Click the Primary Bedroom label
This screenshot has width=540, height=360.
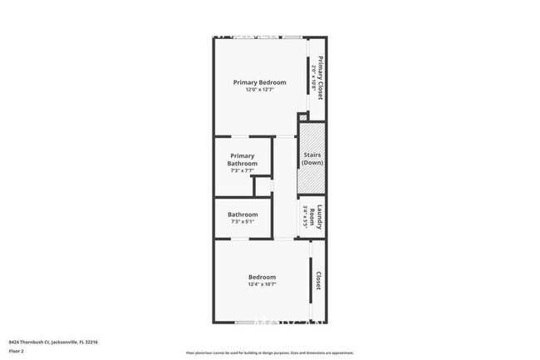[259, 81]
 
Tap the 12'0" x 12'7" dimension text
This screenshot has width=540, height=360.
[259, 90]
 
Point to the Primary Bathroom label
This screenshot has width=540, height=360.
[243, 160]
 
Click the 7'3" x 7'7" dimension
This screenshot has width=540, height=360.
[243, 171]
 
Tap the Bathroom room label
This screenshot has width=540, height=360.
[243, 215]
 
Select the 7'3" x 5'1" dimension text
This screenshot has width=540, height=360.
[243, 222]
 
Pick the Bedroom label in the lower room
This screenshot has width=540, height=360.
[262, 277]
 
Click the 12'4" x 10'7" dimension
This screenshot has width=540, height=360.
[262, 284]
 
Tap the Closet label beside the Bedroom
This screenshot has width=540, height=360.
[318, 282]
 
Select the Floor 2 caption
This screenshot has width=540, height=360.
[17, 351]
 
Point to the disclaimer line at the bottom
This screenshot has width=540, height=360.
[269, 353]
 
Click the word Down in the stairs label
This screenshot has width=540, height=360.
[312, 162]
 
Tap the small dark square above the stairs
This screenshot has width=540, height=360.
[303, 116]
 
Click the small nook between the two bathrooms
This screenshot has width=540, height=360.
[263, 186]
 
